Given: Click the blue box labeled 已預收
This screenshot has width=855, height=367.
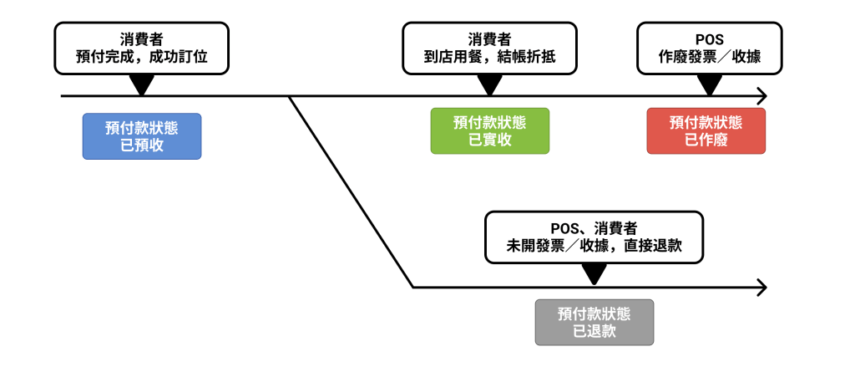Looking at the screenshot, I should pos(141,135).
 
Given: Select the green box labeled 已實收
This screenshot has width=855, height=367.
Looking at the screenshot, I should pos(489,131).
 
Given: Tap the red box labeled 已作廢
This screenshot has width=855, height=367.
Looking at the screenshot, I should pos(706,131).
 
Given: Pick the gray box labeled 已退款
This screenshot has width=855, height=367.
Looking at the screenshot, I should pos(594,322).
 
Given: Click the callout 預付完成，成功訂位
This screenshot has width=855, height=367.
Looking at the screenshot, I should pos(141,48).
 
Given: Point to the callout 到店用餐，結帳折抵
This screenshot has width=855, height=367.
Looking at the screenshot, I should pos(489,48).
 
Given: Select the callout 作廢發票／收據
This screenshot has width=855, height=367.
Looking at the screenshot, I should pos(710,48).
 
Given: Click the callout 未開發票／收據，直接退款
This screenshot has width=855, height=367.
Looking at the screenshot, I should pos(594,237).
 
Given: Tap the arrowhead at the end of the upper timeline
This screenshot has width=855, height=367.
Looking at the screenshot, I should pos(761,96).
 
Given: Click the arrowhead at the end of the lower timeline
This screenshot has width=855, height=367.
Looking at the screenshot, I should pos(761,288).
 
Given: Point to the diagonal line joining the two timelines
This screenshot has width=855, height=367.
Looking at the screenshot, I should pos(351,192).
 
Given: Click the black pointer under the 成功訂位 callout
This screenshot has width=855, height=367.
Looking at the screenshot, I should pos(141,84).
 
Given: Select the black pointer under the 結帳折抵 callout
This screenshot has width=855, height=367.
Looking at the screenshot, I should pos(489,84).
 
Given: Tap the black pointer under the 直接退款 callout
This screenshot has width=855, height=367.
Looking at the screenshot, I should pos(594,274).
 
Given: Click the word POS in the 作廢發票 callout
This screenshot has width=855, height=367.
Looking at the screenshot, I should pos(710,39).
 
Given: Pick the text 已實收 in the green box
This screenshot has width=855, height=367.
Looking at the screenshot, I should pos(489,140).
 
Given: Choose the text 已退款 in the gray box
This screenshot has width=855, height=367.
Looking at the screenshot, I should pos(594,331).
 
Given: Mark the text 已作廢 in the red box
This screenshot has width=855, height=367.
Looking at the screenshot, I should pos(706,140).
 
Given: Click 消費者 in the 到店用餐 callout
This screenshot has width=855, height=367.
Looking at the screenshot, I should pos(489,39).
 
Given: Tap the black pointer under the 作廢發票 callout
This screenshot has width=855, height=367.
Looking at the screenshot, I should pos(710,84).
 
